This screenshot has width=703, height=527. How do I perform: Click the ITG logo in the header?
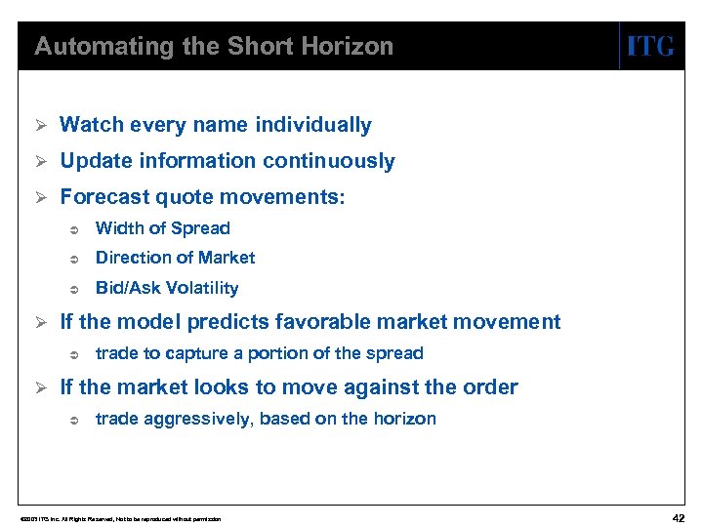(x=650, y=46)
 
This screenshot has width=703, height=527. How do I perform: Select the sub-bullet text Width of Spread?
(x=162, y=228)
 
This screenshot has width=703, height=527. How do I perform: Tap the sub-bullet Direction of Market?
(x=175, y=258)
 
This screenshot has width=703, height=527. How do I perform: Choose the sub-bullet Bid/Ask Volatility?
(x=166, y=288)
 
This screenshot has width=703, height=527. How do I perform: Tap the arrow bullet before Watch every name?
(x=41, y=125)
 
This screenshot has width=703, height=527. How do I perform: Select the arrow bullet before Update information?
(x=41, y=161)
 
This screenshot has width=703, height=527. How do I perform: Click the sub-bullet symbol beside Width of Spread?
(x=74, y=229)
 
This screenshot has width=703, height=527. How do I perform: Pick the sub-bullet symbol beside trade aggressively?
(x=74, y=420)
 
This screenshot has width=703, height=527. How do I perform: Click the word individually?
(x=312, y=125)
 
